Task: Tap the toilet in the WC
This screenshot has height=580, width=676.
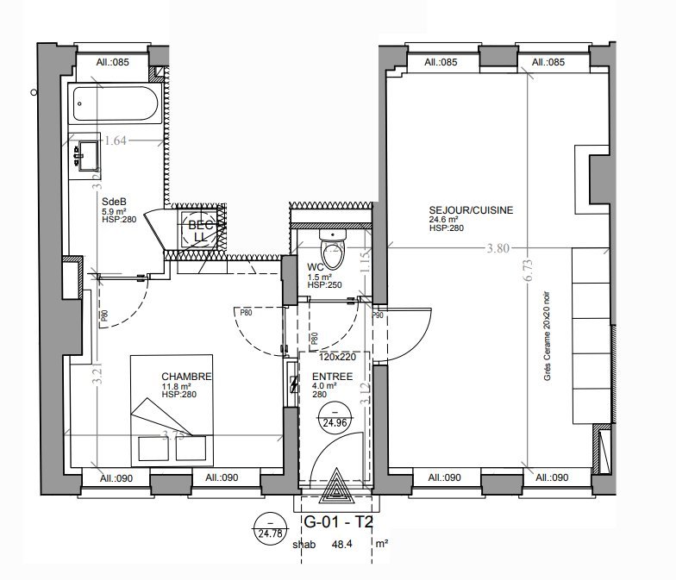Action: pyautogui.click(x=331, y=250)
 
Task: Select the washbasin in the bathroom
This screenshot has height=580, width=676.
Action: pyautogui.click(x=88, y=154)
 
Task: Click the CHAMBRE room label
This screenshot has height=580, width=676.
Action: pyautogui.click(x=185, y=377)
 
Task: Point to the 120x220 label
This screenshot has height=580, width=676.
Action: pyautogui.click(x=337, y=356)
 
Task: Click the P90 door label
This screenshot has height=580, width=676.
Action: pyautogui.click(x=378, y=315)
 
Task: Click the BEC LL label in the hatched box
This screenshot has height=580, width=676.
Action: pyautogui.click(x=198, y=228)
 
